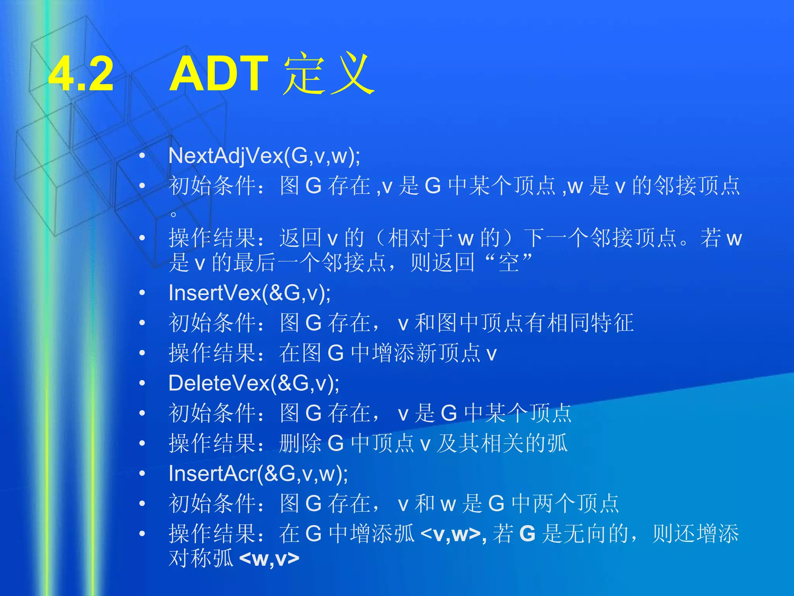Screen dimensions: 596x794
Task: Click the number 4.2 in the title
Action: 81,74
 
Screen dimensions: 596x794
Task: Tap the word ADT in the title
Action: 219,74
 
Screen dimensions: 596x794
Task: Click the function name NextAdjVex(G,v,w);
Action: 264,156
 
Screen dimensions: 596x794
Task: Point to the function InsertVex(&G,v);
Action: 249,293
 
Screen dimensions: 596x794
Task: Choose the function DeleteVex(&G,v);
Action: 254,383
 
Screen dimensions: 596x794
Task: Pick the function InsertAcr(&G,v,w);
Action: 258,474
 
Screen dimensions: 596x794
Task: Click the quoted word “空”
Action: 508,263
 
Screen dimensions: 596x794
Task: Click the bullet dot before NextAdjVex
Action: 142,156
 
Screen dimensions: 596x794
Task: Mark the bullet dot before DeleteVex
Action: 142,383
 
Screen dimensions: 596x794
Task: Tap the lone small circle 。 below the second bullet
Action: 173,214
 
